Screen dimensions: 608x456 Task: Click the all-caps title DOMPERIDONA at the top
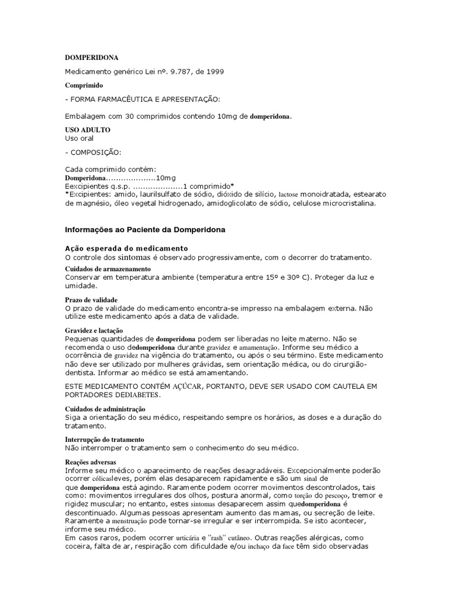(91, 58)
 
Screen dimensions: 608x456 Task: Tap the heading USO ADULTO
(87, 129)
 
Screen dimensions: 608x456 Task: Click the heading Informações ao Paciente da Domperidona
(144, 229)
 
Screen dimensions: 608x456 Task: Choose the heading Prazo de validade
(91, 300)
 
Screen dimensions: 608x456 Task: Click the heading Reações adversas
(90, 462)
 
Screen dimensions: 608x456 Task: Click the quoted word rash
(220, 538)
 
